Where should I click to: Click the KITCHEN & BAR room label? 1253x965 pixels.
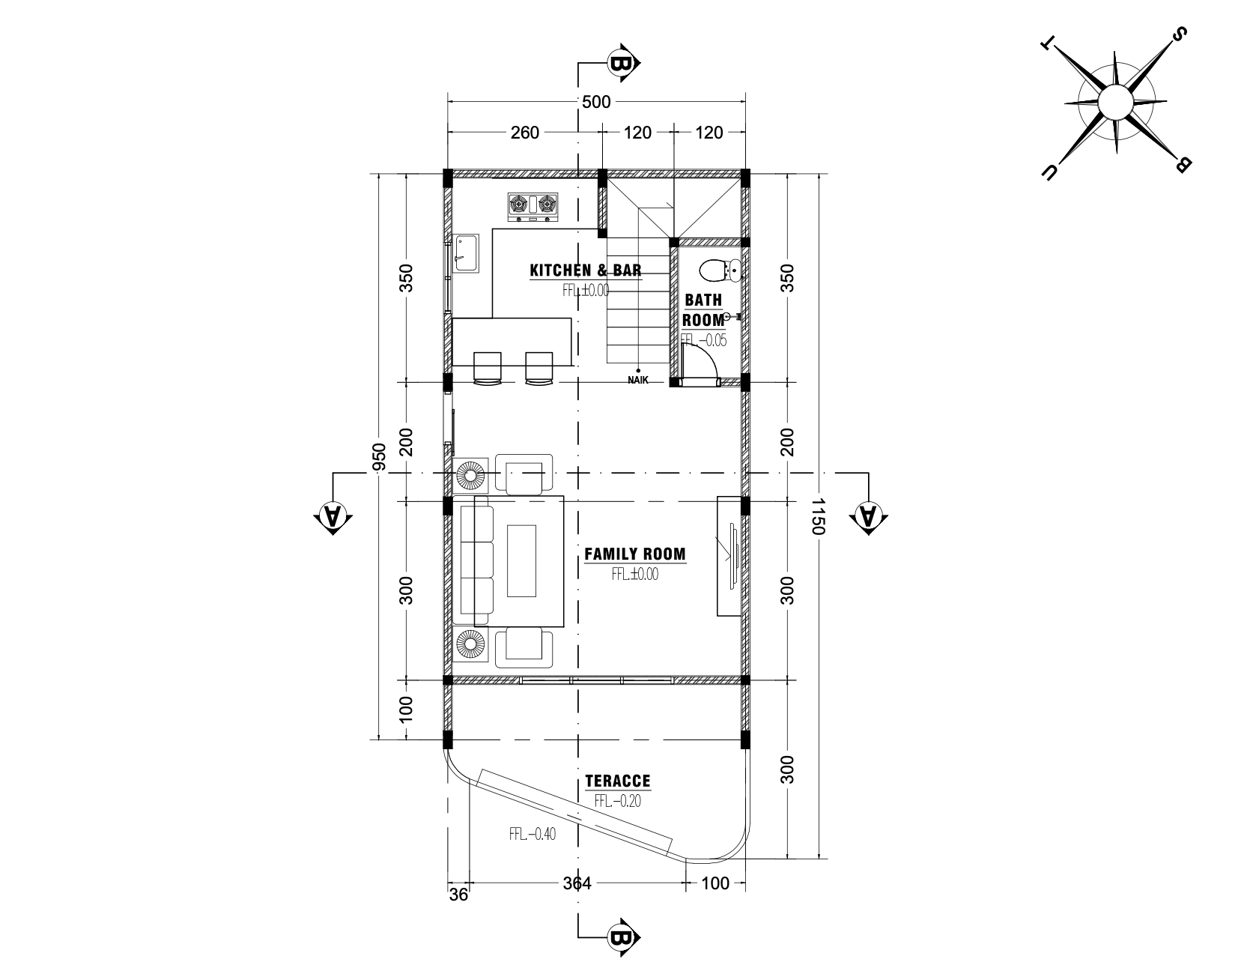586,270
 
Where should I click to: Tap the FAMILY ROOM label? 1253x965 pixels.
634,554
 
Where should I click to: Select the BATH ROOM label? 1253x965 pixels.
703,309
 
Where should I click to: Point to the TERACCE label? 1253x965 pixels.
618,781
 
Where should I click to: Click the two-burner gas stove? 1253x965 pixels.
534,208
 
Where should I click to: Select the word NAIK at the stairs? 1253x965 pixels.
638,381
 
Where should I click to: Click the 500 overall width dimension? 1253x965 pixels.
596,102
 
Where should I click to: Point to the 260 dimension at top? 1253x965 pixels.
524,133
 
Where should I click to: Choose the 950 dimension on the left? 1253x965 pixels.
379,457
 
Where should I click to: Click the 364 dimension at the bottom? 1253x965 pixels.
577,883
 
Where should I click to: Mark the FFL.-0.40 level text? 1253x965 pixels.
533,834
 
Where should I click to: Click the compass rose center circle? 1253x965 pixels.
1115,100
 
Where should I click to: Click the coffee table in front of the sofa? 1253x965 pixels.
522,560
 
